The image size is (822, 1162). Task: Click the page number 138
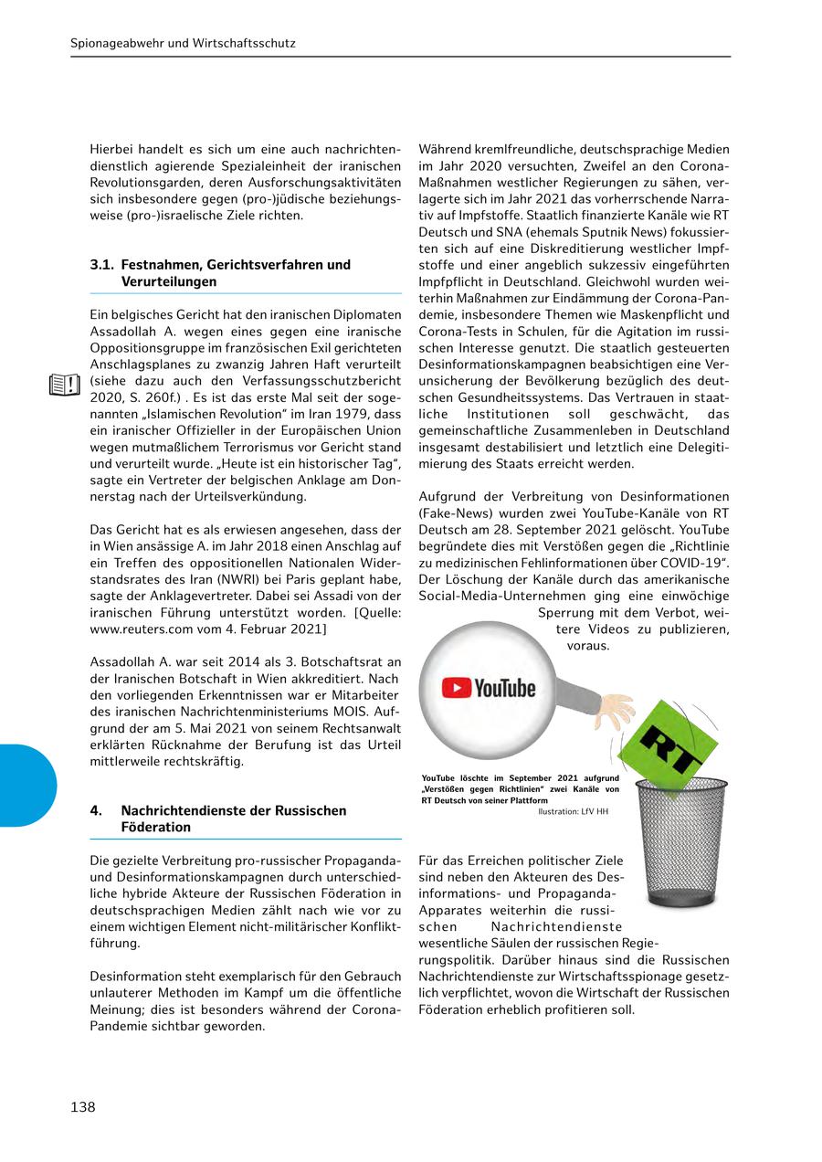(83, 1107)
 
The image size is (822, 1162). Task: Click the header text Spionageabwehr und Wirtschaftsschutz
(183, 43)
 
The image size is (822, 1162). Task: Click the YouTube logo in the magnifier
(489, 687)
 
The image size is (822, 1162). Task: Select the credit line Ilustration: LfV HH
(573, 811)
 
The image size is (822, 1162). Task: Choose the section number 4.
(95, 810)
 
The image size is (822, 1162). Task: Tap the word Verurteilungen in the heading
(169, 282)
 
